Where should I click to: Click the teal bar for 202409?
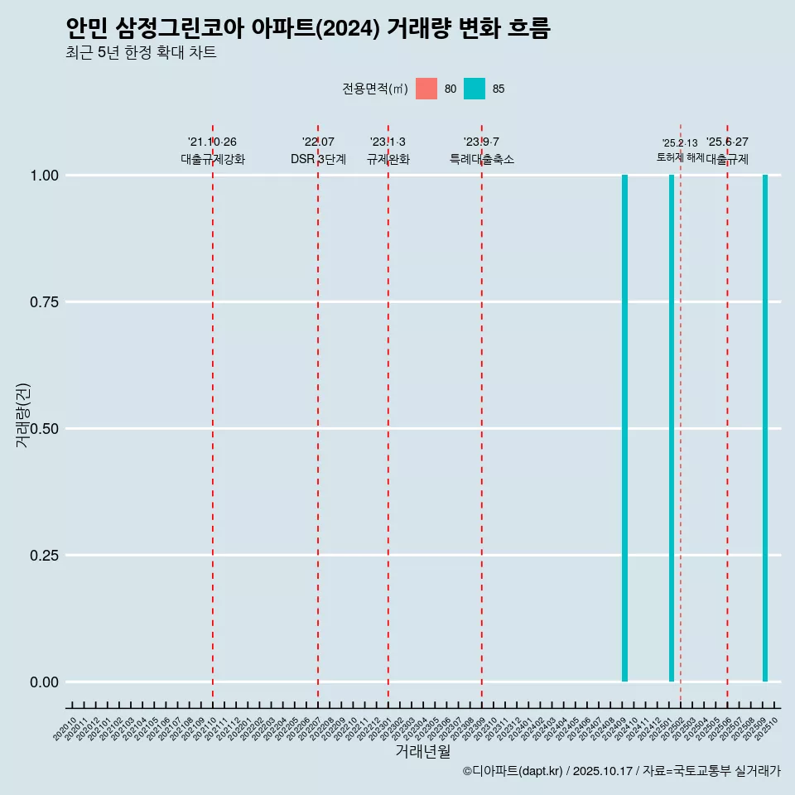[624, 428]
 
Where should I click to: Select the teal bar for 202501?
[672, 428]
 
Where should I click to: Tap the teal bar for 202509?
[765, 428]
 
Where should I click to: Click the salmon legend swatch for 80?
[426, 89]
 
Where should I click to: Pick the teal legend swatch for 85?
[475, 89]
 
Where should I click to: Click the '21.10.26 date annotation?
[212, 142]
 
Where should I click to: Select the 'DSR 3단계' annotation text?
[318, 159]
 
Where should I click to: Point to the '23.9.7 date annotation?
[481, 142]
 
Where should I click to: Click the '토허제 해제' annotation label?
[680, 157]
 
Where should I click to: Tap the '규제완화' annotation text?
[388, 159]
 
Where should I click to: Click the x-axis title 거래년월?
[422, 751]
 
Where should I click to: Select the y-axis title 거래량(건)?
[23, 415]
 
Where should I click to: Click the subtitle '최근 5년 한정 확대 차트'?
[141, 53]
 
